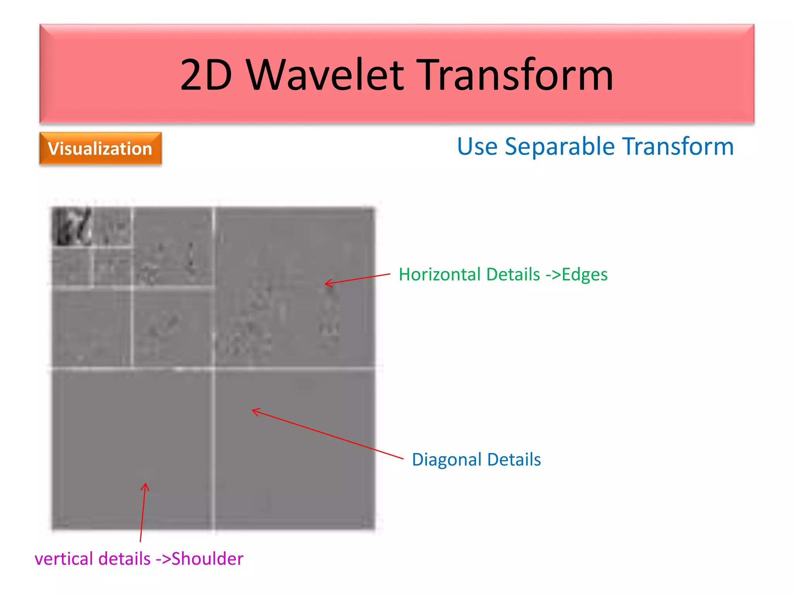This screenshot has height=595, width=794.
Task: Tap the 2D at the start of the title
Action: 206,75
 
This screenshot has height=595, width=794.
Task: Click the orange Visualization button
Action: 100,149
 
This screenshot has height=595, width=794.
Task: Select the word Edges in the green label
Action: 584,275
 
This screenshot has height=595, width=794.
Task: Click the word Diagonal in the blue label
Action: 447,460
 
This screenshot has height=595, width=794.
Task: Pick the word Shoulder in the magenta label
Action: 207,559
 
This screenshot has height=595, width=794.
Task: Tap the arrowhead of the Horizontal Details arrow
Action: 326,284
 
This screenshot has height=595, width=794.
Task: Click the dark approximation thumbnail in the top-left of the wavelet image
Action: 72,227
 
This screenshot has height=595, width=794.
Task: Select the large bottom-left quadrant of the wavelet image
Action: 132,449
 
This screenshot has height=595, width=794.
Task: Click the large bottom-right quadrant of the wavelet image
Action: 295,449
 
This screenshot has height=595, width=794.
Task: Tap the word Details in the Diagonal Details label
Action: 514,460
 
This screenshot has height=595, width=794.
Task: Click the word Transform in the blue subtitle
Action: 678,147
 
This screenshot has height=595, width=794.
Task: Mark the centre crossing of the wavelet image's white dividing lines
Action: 214,368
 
